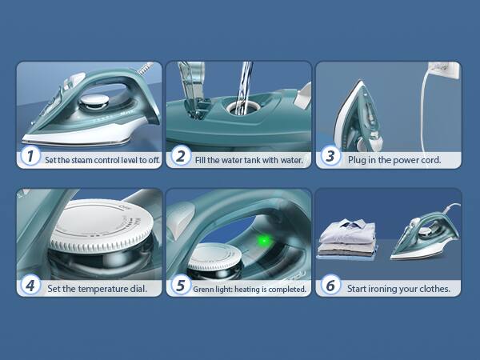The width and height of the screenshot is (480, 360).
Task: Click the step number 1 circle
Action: pos(30,157)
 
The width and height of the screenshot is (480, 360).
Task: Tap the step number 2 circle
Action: pos(180,157)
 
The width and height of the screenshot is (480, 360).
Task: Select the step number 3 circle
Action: pos(329,157)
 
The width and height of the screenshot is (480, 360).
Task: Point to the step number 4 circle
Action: pos(30,286)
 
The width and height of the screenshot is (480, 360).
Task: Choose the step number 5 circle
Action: pos(180,286)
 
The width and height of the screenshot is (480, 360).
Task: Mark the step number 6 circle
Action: pos(329,286)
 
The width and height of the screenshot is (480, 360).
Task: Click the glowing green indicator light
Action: pos(262,239)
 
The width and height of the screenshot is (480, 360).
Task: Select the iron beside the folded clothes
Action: pos(423,236)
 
